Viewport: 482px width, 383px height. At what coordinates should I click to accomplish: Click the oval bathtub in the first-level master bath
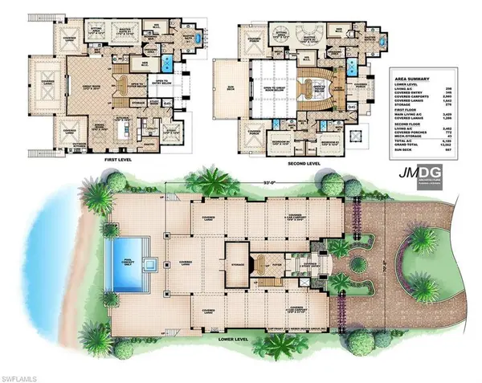(165, 62)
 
